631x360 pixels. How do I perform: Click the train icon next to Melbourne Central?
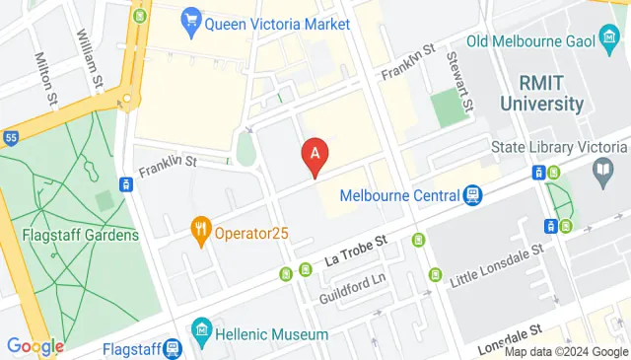(473, 195)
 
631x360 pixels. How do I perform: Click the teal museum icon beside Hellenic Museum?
(202, 326)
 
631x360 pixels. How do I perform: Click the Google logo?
(35, 346)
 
